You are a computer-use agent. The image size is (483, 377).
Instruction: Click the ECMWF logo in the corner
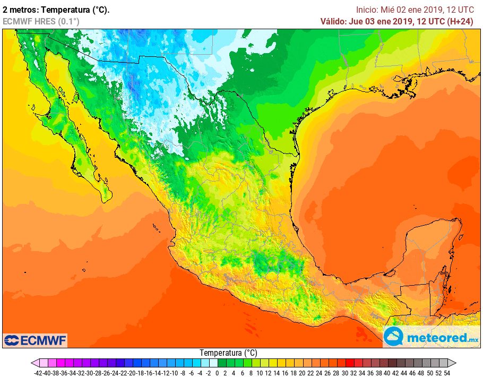coord(35,340)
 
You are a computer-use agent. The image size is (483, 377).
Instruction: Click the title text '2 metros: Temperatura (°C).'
coord(56,10)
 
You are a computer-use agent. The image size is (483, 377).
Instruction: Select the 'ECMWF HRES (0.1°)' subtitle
coord(41,21)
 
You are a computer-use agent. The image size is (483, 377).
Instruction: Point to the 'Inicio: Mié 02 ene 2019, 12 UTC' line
coord(415,10)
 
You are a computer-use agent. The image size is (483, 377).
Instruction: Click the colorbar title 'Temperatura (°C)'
coord(228,353)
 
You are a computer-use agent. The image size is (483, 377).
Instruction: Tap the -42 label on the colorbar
coord(38,373)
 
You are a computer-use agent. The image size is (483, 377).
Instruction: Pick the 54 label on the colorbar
coord(447,373)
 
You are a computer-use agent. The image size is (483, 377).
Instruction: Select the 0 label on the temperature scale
coord(217,373)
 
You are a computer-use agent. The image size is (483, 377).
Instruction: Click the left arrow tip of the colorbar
coord(33,363)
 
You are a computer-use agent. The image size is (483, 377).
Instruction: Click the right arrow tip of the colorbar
coord(455,363)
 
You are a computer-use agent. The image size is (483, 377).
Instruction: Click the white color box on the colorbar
coord(213,363)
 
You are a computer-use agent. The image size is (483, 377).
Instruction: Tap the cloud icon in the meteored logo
coord(394,337)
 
